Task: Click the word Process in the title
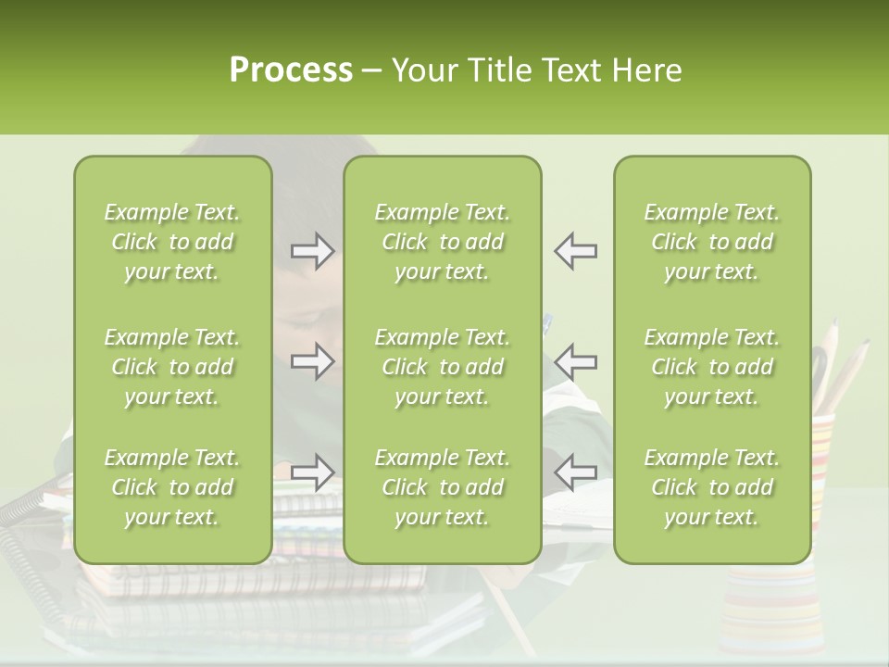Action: click(x=291, y=70)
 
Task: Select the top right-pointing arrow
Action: click(x=313, y=251)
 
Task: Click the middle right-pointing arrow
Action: click(x=313, y=360)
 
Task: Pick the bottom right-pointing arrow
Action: click(x=313, y=472)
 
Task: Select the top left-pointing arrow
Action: click(x=575, y=251)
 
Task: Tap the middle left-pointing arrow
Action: click(x=575, y=360)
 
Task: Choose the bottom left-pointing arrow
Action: click(x=575, y=472)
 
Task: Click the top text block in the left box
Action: click(x=172, y=242)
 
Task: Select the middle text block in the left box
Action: click(x=172, y=367)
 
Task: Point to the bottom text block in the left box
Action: click(x=172, y=487)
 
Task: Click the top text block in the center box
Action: click(x=442, y=242)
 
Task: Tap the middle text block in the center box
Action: click(x=442, y=367)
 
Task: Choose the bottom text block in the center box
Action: click(x=442, y=487)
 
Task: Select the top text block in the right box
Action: click(x=711, y=242)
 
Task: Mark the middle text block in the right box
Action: click(x=711, y=367)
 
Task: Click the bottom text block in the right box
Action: click(x=711, y=487)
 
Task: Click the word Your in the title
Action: click(x=427, y=70)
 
